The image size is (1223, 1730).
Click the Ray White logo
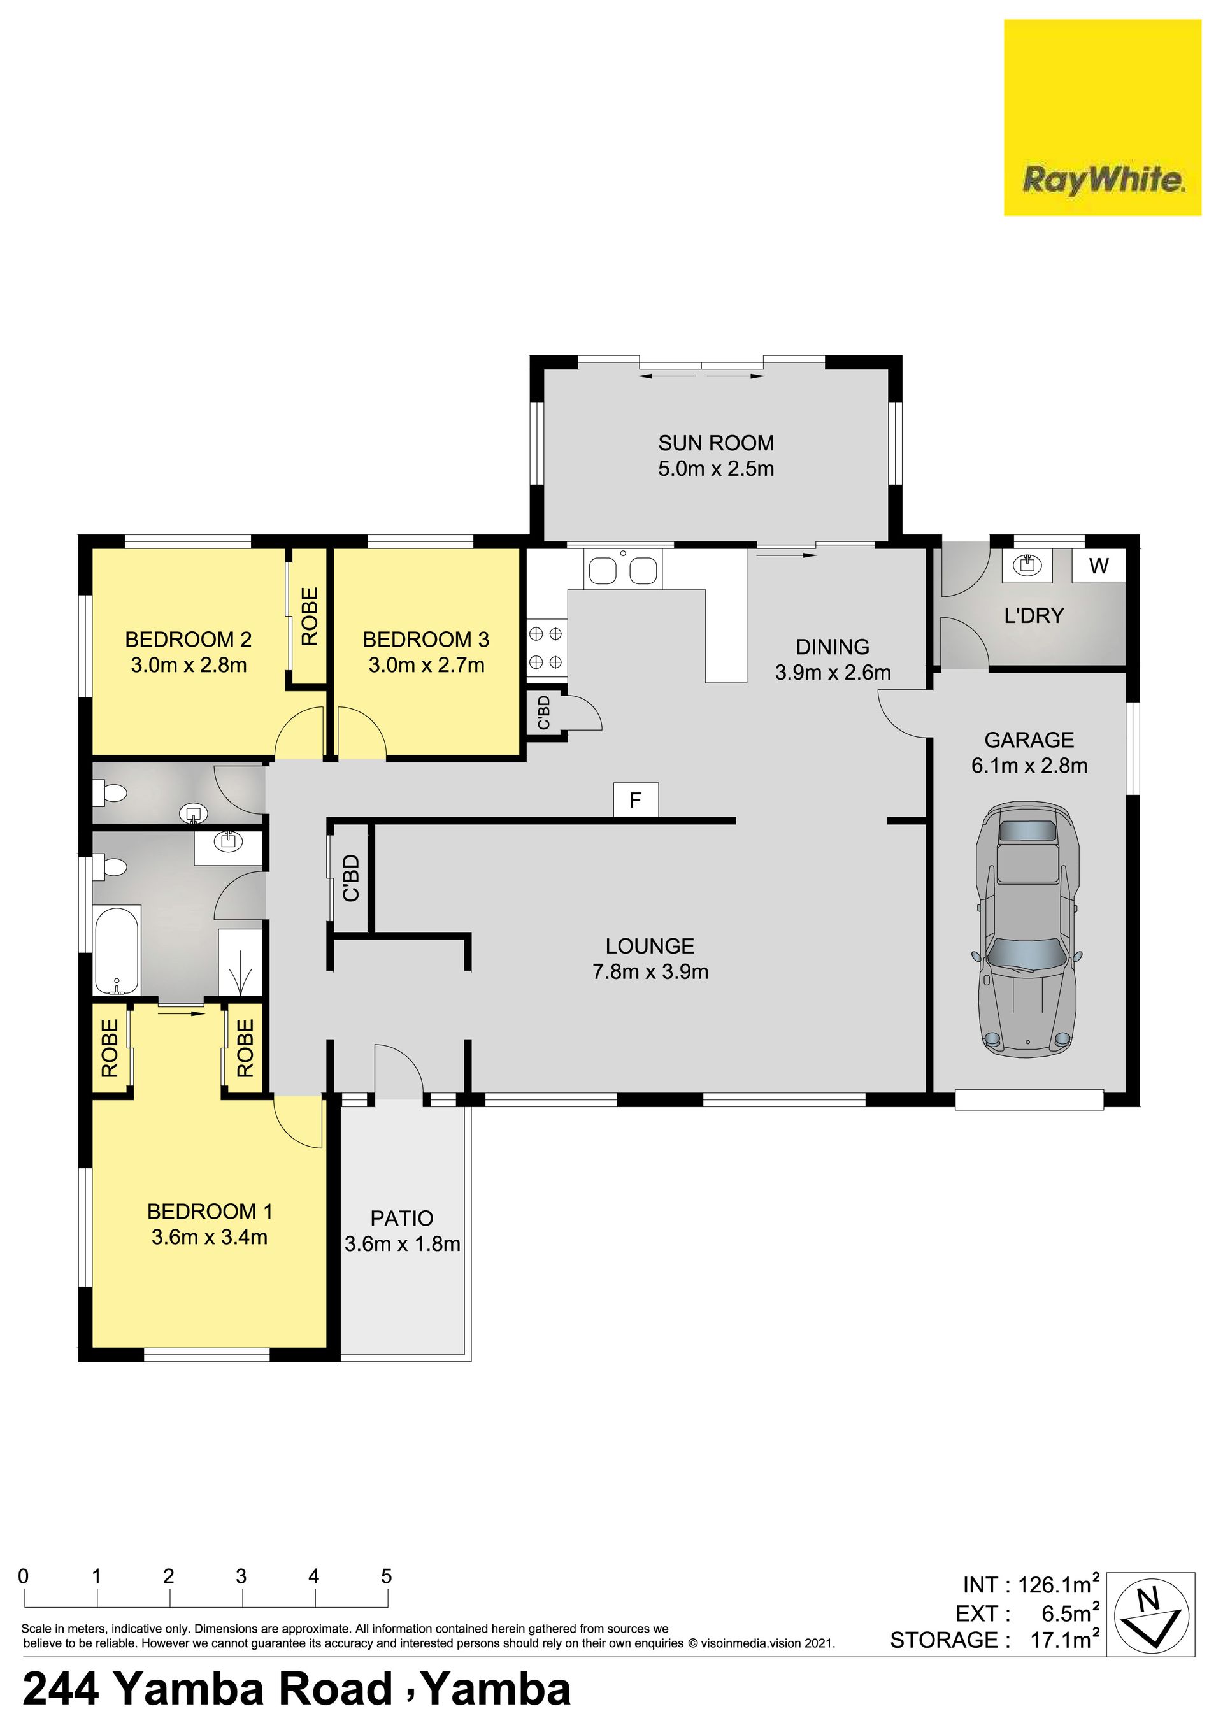1102,118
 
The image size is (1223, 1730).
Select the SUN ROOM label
716,443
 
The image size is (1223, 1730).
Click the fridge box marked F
635,800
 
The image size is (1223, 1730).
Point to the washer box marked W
1099,565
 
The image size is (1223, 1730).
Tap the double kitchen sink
623,569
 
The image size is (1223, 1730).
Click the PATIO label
402,1219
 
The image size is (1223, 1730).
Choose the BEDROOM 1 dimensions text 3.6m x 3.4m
210,1237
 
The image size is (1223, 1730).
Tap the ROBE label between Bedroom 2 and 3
310,617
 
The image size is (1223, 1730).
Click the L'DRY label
1034,615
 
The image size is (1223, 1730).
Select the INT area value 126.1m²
1059,1585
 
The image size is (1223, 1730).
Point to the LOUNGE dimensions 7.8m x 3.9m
650,972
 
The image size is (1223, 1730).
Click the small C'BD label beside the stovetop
543,713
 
